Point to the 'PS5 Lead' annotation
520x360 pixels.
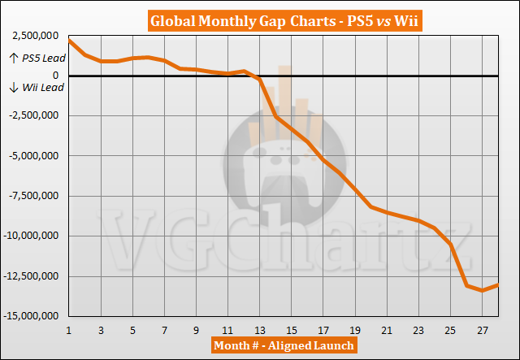pyautogui.click(x=39, y=59)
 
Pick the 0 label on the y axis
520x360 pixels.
pyautogui.click(x=55, y=76)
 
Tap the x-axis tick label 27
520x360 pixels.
pyautogui.click(x=483, y=331)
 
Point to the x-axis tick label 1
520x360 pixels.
pyautogui.click(x=69, y=331)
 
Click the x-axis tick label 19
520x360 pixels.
pyautogui.click(x=355, y=331)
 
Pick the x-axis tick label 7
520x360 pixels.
pyautogui.click(x=164, y=331)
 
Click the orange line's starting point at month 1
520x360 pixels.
pyautogui.click(x=69, y=40)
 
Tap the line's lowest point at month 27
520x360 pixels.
pyautogui.click(x=483, y=290)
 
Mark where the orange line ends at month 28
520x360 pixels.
pyautogui.click(x=498, y=284)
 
